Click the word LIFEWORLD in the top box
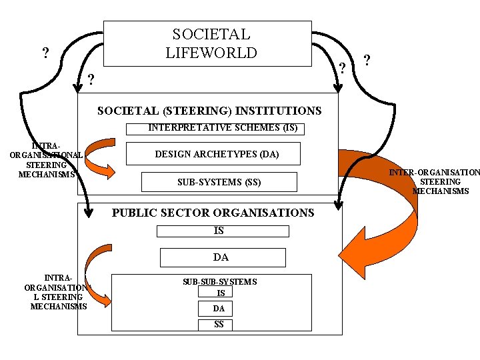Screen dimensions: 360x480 coord(211,53)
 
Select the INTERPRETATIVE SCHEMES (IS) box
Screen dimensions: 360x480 coord(223,128)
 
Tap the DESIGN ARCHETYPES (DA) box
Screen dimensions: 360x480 coord(217,154)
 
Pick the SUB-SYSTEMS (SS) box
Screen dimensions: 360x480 coord(219,181)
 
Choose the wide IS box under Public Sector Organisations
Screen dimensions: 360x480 coord(223,231)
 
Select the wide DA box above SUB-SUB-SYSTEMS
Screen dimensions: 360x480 coord(222,257)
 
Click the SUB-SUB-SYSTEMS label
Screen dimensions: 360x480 coord(219,282)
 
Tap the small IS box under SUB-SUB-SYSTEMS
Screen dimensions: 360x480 coord(221,292)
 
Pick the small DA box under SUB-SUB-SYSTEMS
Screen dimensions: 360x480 coord(219,308)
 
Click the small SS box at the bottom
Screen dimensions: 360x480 coord(219,325)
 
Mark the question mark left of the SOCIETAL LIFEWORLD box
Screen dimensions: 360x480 coord(45,53)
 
